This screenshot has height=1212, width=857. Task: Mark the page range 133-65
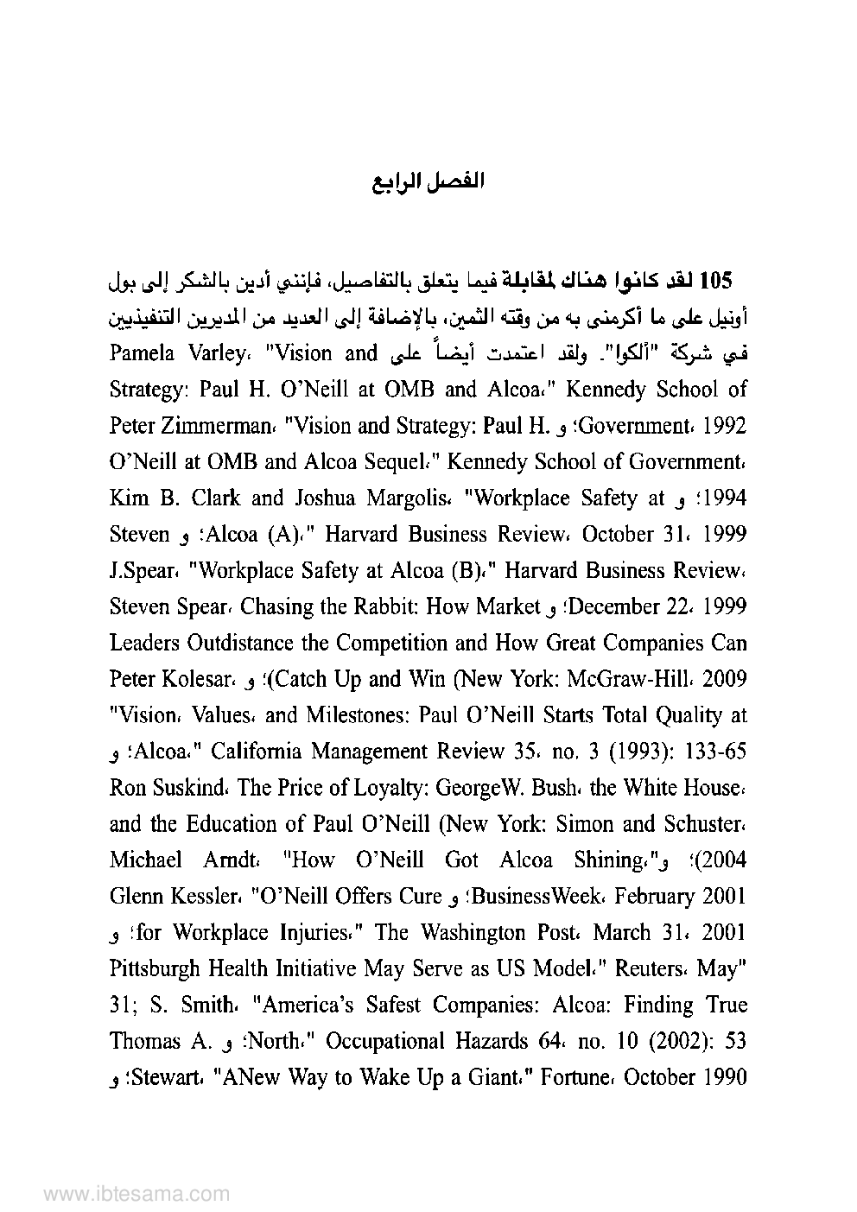714,752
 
